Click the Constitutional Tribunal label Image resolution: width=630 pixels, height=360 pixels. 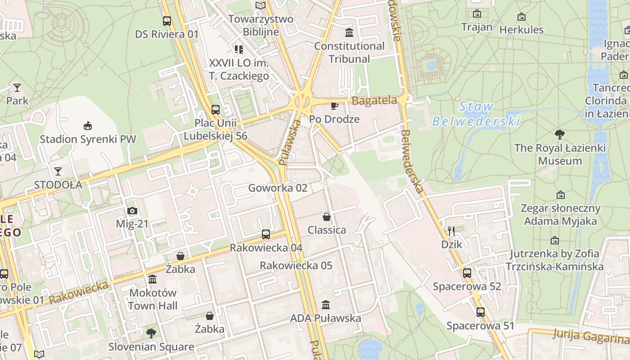pyautogui.click(x=349, y=52)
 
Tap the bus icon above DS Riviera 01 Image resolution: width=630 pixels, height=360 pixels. pyautogui.click(x=167, y=21)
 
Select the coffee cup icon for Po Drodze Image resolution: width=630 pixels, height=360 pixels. pyautogui.click(x=334, y=106)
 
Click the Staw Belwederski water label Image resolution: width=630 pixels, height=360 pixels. pyautogui.click(x=476, y=114)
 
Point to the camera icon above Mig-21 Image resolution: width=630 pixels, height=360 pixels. pyautogui.click(x=132, y=211)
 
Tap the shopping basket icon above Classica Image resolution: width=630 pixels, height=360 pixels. pyautogui.click(x=327, y=217)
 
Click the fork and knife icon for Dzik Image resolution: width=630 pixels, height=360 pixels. pyautogui.click(x=452, y=231)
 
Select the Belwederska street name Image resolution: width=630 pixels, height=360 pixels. pyautogui.click(x=412, y=162)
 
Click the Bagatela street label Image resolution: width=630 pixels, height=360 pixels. pyautogui.click(x=374, y=100)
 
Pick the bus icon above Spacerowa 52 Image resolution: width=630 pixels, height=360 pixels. pyautogui.click(x=467, y=273)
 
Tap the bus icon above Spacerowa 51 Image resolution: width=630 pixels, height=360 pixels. pyautogui.click(x=481, y=312)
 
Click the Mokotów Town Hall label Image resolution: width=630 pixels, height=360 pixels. pyautogui.click(x=153, y=299)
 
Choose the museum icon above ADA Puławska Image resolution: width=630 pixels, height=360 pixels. pyautogui.click(x=326, y=305)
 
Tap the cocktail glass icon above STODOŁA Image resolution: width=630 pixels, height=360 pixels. pyautogui.click(x=58, y=171)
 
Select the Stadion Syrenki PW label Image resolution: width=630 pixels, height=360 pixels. pyautogui.click(x=88, y=139)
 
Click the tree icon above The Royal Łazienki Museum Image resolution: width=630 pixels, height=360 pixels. pyautogui.click(x=560, y=134)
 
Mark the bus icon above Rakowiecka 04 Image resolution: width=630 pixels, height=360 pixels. pyautogui.click(x=266, y=234)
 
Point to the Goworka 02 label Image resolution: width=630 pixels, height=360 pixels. pyautogui.click(x=278, y=188)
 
